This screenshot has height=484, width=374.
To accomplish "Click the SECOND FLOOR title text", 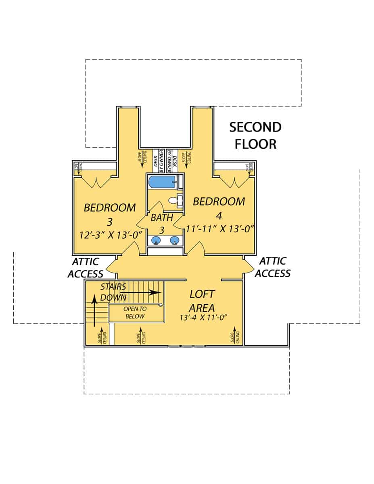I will point(255,135).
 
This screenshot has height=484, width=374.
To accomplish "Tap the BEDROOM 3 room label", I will point(110,214).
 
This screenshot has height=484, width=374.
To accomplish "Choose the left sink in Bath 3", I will point(156,241).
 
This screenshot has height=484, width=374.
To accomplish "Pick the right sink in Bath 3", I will point(174,241).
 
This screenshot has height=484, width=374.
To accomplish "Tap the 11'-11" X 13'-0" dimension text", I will point(219,229).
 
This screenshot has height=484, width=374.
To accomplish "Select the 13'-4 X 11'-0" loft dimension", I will point(204,317).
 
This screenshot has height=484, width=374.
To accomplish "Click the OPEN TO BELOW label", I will point(135,313).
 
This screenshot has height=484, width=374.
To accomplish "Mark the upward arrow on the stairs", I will point(94,310).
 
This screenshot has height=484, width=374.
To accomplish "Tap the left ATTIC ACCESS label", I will point(86,267).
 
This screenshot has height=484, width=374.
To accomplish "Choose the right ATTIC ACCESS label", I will point(273,267).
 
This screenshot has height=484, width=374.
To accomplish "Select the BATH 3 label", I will point(162,223).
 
